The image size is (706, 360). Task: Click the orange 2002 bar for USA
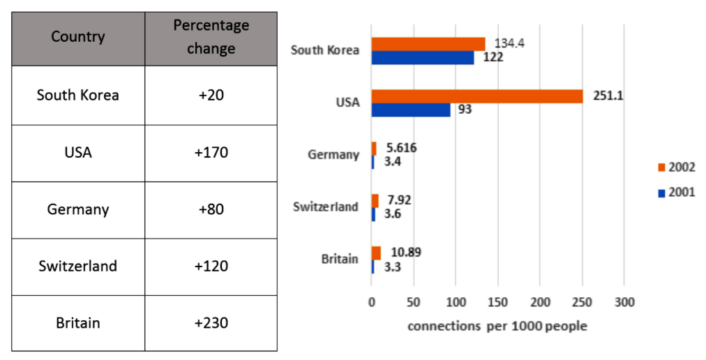click(476, 96)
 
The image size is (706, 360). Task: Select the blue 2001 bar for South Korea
click(422, 57)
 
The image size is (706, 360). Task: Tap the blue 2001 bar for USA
click(410, 110)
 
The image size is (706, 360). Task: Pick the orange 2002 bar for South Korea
click(428, 44)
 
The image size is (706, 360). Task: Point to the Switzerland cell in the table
click(78, 266)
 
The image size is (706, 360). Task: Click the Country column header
click(78, 37)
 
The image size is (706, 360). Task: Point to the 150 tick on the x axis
click(497, 302)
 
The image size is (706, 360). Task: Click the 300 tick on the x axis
click(624, 302)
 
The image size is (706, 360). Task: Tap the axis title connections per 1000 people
click(497, 326)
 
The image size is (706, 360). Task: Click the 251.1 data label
click(608, 95)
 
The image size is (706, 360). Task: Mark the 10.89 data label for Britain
click(406, 253)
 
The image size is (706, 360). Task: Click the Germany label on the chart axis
click(333, 155)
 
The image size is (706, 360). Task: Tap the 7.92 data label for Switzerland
click(398, 200)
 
